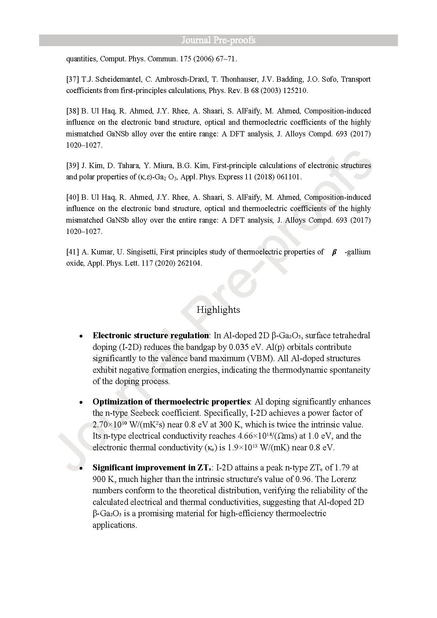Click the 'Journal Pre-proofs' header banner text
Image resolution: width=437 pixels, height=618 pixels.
tap(218, 40)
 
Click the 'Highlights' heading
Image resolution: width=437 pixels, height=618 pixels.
tap(218, 310)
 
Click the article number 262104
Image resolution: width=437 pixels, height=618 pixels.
tap(189, 263)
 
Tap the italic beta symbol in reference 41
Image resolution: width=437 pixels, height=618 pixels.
tap(334, 252)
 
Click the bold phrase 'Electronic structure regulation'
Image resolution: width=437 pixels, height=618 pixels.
tap(151, 335)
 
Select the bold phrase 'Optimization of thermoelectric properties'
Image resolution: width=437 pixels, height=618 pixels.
tap(171, 402)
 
